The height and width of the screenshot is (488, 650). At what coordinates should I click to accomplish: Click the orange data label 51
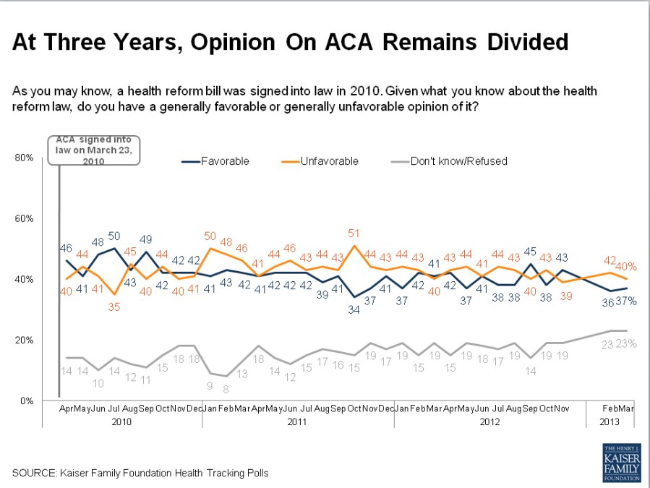click(355, 234)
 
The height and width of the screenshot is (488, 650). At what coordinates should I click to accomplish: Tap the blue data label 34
click(354, 310)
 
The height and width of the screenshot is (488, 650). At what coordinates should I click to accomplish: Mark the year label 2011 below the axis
click(297, 421)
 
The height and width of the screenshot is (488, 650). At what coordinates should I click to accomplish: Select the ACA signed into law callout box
click(94, 150)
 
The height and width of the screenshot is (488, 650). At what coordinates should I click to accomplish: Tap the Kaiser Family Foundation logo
click(622, 463)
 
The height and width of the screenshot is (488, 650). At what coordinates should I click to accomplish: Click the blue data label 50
click(114, 236)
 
